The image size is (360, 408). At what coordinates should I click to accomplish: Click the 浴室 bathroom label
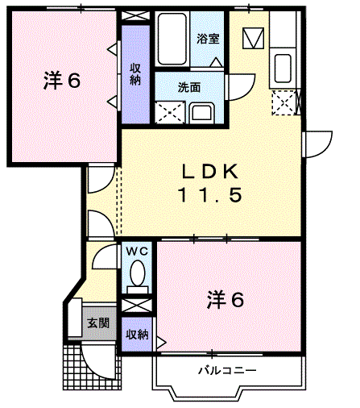208,39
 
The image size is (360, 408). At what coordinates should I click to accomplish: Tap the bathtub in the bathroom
172,39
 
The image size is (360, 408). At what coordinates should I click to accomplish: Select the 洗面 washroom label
189,88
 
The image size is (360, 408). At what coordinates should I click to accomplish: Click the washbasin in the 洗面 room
201,113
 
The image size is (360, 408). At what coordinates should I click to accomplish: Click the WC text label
137,252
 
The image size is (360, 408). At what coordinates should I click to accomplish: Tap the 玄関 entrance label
98,323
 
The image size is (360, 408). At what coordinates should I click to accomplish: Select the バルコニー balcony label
227,371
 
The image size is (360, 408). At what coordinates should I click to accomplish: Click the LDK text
210,172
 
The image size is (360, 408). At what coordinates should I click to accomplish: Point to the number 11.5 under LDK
210,195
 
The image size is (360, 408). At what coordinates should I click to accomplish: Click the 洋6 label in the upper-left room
62,81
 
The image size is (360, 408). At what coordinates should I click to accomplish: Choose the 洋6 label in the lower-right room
226,300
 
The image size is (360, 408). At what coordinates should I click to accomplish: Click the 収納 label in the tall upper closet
135,74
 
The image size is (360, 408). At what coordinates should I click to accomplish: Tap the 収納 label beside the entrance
137,335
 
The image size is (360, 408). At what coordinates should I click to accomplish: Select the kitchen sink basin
283,69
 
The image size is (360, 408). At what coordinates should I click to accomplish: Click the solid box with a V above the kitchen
253,38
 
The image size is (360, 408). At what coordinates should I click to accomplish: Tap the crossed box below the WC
137,306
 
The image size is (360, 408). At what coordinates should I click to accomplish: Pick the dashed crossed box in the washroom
170,113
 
